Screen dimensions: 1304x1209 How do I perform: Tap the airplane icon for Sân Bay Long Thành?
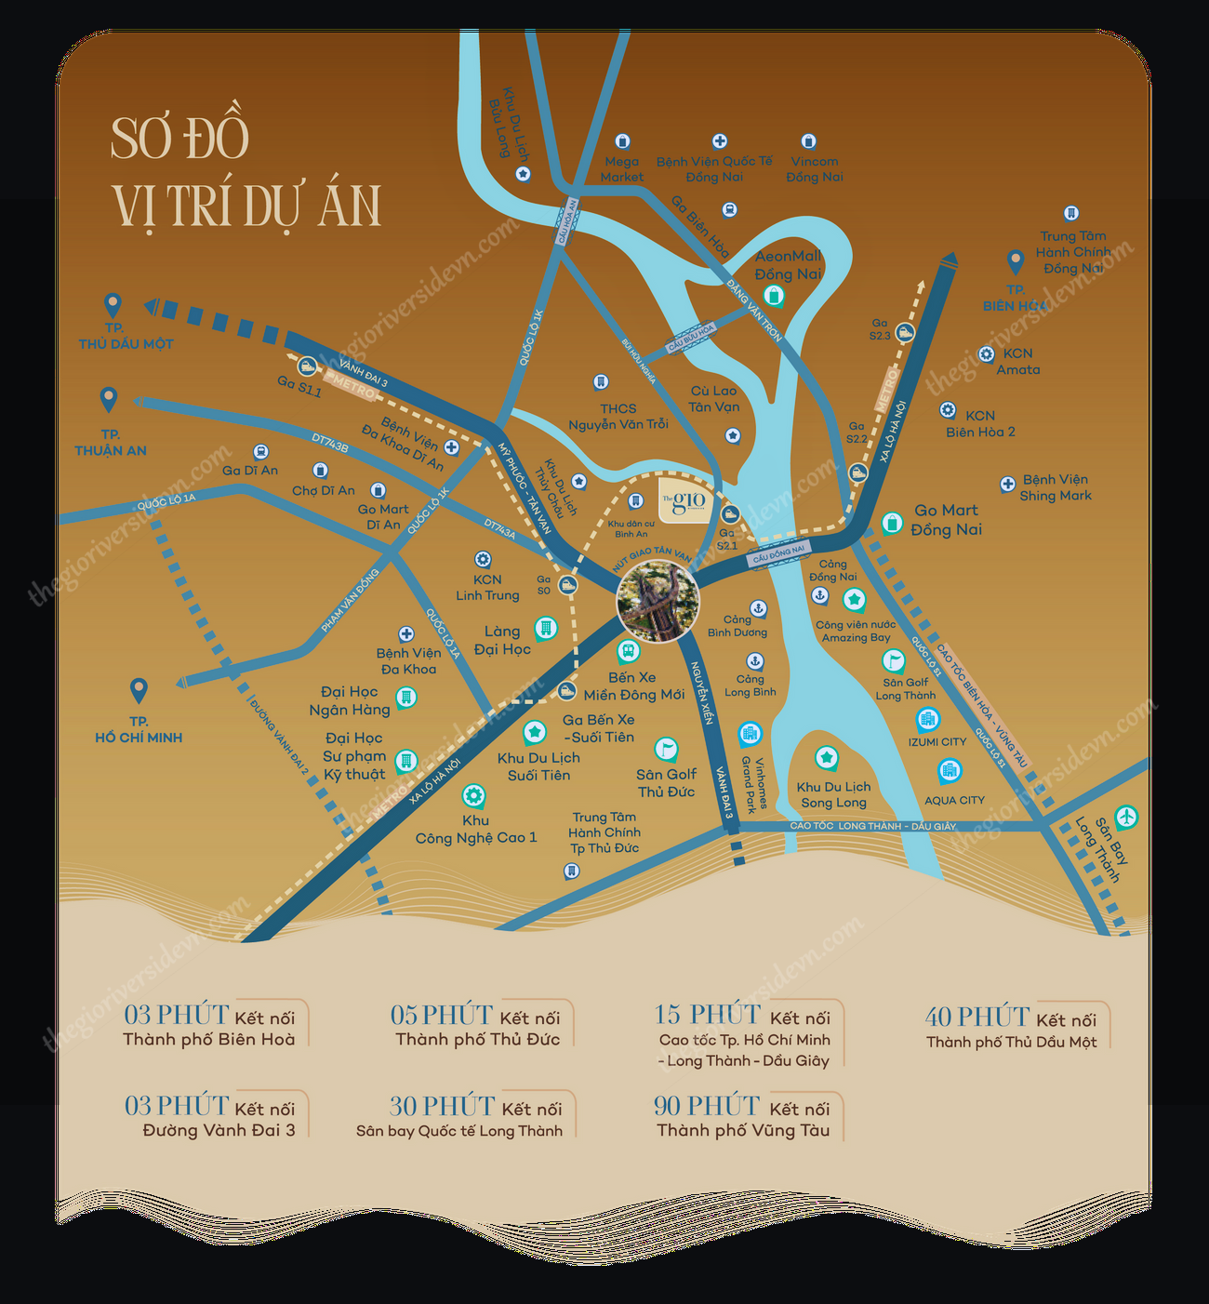[1126, 817]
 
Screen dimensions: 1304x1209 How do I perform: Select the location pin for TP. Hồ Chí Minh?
[139, 690]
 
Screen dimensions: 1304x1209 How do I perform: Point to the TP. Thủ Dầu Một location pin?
[113, 304]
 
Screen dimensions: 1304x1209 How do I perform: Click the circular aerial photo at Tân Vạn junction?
[658, 603]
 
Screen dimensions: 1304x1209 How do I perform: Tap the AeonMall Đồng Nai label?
[788, 265]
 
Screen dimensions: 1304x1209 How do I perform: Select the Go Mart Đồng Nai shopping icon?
[892, 523]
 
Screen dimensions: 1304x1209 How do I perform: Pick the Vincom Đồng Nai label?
[814, 169]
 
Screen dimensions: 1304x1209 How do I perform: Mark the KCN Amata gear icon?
[986, 354]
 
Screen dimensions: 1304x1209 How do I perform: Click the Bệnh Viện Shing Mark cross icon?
[1007, 484]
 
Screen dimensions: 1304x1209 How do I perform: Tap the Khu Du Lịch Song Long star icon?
[826, 757]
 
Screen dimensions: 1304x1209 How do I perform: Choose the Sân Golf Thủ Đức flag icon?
[666, 748]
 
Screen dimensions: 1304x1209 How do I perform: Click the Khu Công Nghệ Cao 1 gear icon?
[473, 795]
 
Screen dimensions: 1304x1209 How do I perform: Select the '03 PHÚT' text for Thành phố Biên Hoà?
[176, 1015]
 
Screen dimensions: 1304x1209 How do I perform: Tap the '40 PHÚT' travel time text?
[976, 1017]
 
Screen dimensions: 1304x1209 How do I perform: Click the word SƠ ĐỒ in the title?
[179, 139]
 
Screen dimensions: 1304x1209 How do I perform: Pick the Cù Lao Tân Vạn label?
[713, 399]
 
